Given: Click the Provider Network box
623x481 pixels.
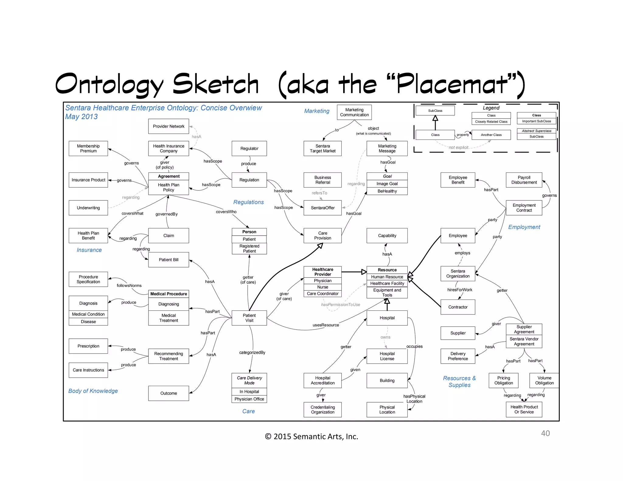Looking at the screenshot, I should (169, 126).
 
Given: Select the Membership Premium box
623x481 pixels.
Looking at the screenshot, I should (88, 148).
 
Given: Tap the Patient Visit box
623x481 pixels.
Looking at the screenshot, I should (249, 318).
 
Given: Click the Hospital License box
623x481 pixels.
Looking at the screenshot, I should (387, 356).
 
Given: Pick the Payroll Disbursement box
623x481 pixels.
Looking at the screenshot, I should (524, 180).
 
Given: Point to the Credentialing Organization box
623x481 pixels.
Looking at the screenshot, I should (322, 410).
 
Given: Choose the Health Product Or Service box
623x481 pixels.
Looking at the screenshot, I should (524, 409).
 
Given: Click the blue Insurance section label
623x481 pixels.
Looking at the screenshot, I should (89, 250).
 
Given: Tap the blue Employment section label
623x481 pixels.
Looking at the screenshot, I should (524, 227).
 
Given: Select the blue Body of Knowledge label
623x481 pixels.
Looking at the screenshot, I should (93, 391).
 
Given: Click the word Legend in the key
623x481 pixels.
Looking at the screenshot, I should (491, 108).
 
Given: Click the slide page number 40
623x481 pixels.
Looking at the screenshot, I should (545, 433).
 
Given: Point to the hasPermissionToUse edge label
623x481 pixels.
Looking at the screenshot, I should (340, 304).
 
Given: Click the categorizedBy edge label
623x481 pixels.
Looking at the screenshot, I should (252, 352).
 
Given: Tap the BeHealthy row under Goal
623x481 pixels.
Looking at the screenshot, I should (387, 191).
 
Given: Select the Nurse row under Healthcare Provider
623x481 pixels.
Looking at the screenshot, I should (322, 287).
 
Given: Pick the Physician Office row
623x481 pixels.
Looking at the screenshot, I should (249, 399).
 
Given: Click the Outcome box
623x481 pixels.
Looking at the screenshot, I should (169, 393).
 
